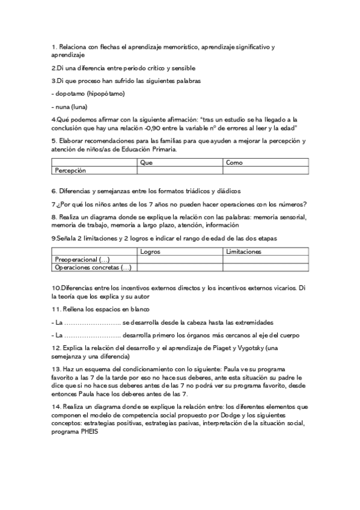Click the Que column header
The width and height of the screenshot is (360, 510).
tap(145, 162)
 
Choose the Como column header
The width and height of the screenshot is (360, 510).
tap(234, 162)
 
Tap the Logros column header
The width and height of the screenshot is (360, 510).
tap(150, 251)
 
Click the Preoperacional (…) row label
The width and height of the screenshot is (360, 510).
tap(82, 259)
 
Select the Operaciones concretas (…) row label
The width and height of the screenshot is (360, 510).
tap(93, 267)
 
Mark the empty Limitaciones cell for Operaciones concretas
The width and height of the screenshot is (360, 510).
tap(265, 267)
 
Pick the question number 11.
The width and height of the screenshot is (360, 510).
tap(55, 309)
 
